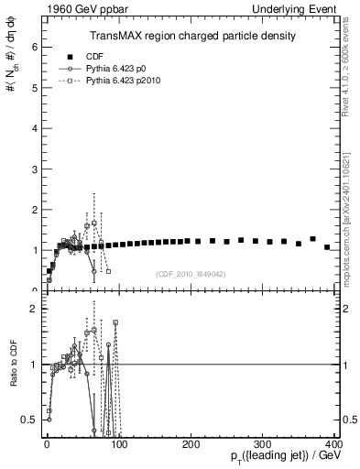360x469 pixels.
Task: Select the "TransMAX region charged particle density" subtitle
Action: coord(192,36)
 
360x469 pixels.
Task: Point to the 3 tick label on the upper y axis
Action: coord(36,168)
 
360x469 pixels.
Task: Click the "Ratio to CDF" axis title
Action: coord(13,376)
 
